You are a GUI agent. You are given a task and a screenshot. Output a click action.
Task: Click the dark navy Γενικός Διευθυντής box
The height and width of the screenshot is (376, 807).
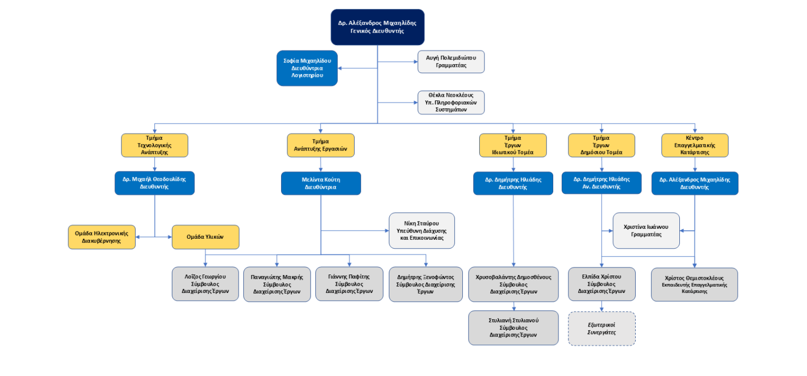(377, 27)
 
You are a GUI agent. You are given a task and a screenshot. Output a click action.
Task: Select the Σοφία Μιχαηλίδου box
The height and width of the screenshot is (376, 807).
(307, 68)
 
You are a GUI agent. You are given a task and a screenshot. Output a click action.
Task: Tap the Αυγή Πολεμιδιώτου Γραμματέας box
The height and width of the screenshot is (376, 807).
(451, 62)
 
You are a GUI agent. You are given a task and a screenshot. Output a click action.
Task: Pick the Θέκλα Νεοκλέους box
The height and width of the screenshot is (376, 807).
(451, 103)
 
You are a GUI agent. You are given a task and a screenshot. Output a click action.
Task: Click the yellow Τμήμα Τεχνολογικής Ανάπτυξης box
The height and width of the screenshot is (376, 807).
(154, 145)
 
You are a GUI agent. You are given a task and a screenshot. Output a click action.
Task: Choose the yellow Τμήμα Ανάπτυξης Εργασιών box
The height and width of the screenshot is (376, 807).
(320, 145)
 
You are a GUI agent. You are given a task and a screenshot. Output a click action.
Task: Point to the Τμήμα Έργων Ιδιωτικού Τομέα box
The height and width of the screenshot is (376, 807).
(513, 145)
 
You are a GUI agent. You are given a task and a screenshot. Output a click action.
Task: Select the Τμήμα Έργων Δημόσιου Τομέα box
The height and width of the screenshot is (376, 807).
(602, 145)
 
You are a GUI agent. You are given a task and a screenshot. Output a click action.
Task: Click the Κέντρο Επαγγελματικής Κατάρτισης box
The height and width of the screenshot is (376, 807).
(695, 145)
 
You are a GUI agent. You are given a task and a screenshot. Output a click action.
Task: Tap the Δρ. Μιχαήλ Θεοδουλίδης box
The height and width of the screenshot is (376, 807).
(154, 183)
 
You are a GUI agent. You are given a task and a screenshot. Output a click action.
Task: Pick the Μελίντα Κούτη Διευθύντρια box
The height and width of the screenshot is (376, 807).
(321, 183)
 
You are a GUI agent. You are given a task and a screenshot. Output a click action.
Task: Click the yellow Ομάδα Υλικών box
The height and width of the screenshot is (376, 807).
(205, 237)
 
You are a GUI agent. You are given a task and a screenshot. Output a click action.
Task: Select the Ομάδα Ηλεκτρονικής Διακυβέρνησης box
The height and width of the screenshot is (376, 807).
(101, 237)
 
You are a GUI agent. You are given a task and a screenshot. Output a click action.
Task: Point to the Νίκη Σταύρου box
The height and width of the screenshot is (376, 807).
(422, 230)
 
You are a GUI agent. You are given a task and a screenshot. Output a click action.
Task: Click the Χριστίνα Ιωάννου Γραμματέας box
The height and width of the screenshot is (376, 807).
(646, 230)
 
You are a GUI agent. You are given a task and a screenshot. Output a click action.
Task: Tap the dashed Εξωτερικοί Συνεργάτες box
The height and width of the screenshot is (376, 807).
(602, 329)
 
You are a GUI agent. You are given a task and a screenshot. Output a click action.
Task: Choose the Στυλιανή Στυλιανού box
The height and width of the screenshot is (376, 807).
(513, 328)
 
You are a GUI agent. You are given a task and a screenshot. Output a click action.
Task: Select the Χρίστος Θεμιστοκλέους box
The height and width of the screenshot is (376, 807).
(695, 284)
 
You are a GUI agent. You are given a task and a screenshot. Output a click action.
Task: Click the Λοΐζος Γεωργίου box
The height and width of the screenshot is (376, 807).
(205, 284)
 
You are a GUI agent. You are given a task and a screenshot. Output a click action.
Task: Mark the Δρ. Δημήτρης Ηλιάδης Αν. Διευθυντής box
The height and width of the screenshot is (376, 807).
(602, 183)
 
